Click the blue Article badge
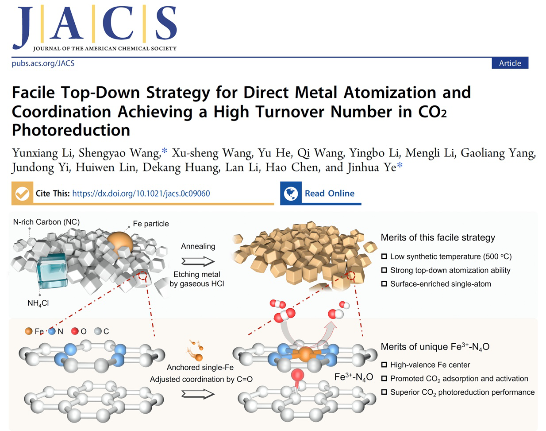[510, 63]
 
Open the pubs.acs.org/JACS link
[43, 63]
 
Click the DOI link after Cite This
[141, 193]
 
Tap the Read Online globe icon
[291, 193]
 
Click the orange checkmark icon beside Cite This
[22, 193]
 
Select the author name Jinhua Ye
[372, 167]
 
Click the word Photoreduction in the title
[71, 130]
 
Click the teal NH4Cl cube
[52, 271]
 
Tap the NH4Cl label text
[38, 303]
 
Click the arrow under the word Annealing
[198, 261]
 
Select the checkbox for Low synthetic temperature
[384, 256]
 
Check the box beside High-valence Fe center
[384, 365]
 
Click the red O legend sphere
[75, 331]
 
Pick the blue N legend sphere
[52, 331]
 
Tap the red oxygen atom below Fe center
[297, 375]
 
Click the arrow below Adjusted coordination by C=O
[198, 394]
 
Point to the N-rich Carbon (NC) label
[46, 222]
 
